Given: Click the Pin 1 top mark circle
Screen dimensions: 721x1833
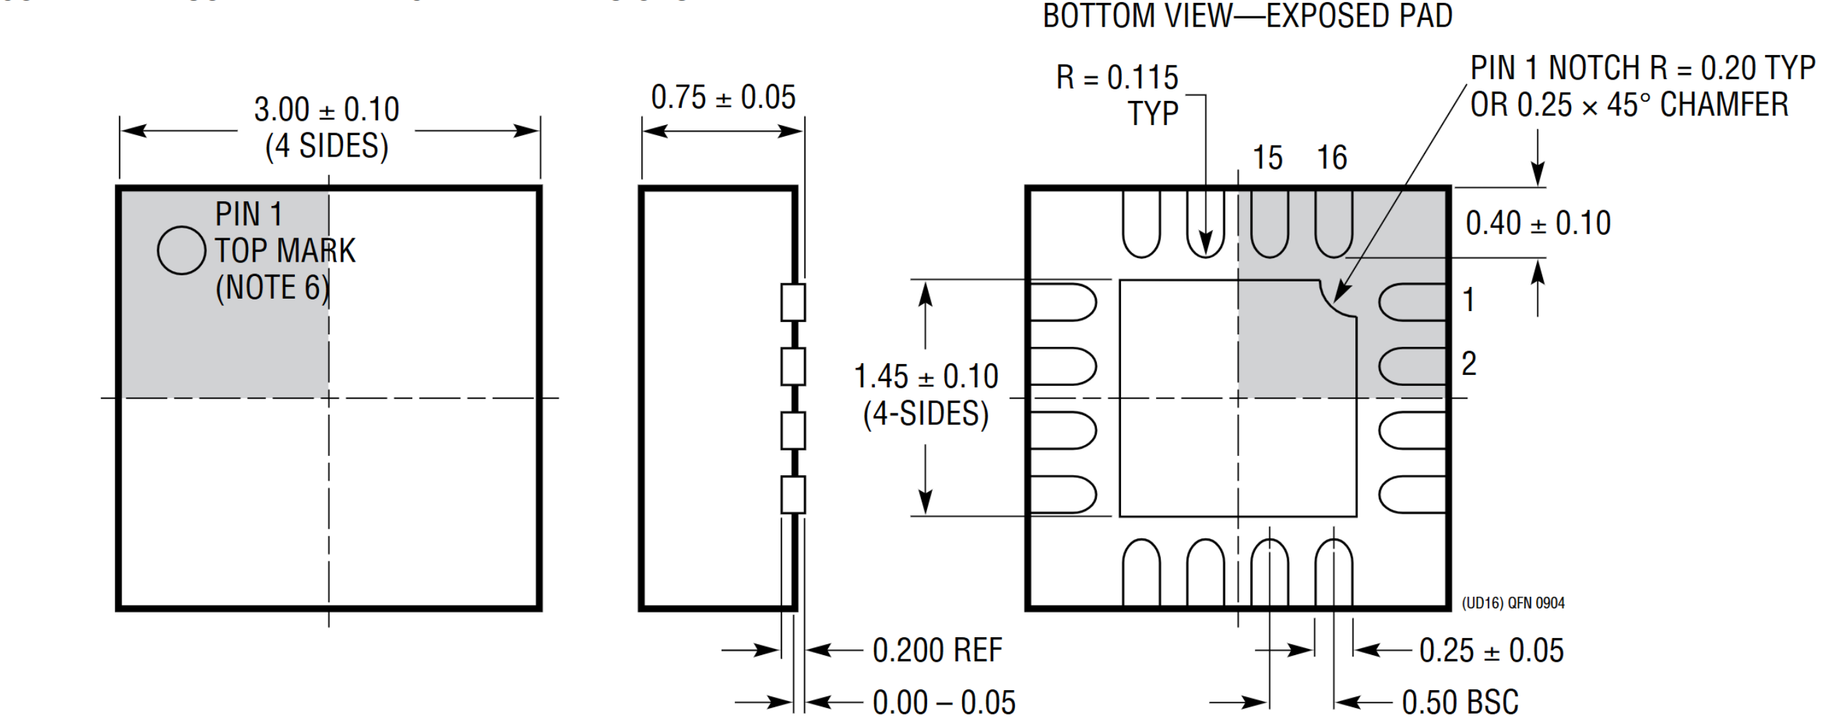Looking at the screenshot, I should (181, 250).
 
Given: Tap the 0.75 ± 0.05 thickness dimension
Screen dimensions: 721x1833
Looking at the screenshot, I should (723, 98).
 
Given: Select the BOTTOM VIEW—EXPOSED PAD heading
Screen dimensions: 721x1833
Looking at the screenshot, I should (1247, 16).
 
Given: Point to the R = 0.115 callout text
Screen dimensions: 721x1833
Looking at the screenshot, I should (1117, 78).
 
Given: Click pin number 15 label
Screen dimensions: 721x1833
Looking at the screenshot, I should (1267, 158).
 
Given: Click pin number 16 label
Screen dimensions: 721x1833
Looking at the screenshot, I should (1331, 158).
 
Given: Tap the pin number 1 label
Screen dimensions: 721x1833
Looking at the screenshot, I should (1469, 300).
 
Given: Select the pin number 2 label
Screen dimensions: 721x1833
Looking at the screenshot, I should (1469, 364).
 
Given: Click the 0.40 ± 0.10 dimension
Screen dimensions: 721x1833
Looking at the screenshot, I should (1537, 223).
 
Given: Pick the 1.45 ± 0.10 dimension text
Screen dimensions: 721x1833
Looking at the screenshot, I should (926, 376).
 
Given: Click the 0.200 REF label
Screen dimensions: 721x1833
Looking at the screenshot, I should (937, 650).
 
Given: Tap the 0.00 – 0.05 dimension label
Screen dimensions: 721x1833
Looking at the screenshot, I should (944, 702).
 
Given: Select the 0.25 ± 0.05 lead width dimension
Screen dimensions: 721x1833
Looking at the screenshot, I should (1491, 650).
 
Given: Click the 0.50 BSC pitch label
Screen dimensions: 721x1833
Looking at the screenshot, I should (1460, 702).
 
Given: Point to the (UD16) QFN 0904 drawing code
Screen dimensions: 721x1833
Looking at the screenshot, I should (1513, 603).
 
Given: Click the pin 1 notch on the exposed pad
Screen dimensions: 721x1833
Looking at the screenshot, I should (1336, 300).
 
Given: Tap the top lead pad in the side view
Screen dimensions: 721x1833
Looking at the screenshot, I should (792, 302).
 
